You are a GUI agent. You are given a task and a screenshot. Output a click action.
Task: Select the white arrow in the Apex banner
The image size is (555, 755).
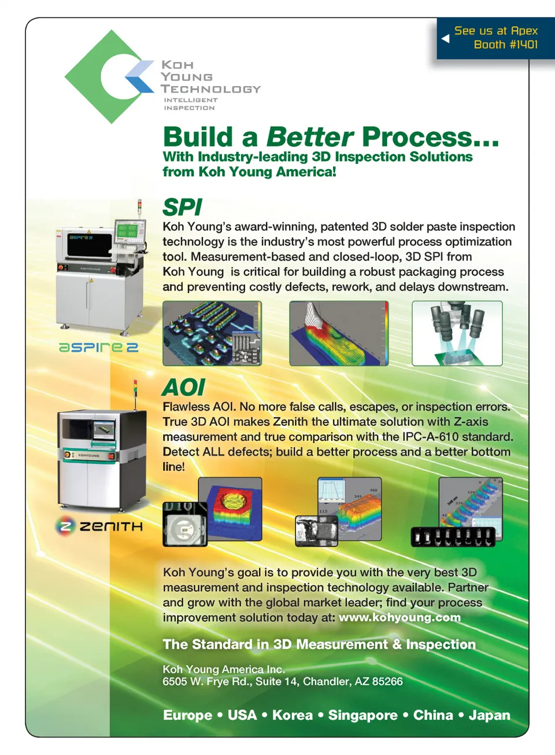[445, 38]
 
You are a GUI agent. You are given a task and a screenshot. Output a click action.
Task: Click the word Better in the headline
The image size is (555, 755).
[310, 137]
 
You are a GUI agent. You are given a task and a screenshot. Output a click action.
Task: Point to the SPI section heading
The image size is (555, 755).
[182, 207]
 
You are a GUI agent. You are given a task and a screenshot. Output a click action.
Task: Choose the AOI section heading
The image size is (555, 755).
[183, 387]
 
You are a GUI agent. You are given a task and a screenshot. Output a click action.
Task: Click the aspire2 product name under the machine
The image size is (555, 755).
[98, 348]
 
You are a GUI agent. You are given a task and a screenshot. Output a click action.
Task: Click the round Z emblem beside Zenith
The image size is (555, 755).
[65, 526]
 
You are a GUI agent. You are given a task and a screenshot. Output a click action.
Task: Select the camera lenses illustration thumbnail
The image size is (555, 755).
[457, 333]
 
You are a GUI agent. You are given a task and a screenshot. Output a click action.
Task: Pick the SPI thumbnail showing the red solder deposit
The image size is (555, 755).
[339, 333]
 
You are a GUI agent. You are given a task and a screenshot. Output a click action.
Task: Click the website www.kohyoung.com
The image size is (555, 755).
[399, 617]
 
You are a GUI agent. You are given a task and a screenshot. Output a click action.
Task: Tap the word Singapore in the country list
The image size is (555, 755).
[362, 715]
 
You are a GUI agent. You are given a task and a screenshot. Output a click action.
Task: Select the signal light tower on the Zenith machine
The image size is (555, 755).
[135, 395]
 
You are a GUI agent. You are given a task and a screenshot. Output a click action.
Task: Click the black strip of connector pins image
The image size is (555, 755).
[453, 536]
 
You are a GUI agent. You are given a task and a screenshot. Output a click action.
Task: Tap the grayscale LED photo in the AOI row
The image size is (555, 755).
[185, 524]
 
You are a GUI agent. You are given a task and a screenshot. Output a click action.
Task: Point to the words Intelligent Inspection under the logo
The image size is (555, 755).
[191, 104]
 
